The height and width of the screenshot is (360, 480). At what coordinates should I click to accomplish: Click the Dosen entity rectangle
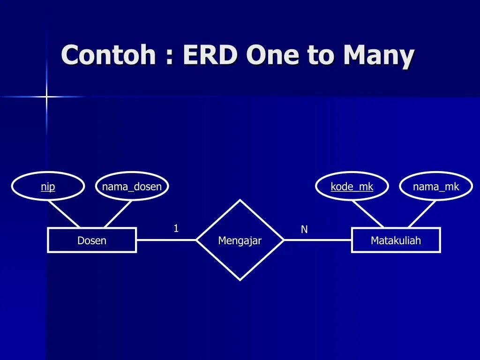pyautogui.click(x=92, y=240)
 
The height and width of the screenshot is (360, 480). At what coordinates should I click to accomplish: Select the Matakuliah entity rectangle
pyautogui.click(x=396, y=240)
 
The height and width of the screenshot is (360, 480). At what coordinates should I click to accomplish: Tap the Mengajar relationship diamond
pyautogui.click(x=240, y=240)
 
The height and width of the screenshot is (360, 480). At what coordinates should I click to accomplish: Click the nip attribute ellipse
pyautogui.click(x=48, y=187)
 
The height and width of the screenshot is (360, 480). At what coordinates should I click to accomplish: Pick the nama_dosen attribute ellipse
pyautogui.click(x=132, y=187)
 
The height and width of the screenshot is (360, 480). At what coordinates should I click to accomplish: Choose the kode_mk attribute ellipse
pyautogui.click(x=352, y=187)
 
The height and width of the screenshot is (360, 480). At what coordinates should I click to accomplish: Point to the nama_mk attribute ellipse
pyautogui.click(x=436, y=187)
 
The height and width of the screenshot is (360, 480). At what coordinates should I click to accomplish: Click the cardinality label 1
pyautogui.click(x=176, y=228)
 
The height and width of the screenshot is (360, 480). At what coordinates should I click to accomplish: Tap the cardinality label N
pyautogui.click(x=304, y=229)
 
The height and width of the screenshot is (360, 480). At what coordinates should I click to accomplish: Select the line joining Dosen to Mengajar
pyautogui.click(x=166, y=240)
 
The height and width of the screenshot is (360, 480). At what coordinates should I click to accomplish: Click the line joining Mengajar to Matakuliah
pyautogui.click(x=317, y=240)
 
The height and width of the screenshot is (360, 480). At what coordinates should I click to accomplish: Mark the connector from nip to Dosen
pyautogui.click(x=64, y=214)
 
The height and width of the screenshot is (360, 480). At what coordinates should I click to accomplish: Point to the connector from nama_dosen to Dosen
pyautogui.click(x=118, y=214)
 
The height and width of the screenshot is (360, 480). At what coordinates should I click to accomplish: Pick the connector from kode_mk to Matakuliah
pyautogui.click(x=368, y=214)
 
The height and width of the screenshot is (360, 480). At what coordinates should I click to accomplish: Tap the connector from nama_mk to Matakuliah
pyautogui.click(x=422, y=214)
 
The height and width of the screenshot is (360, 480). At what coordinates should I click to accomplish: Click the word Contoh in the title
pyautogui.click(x=108, y=55)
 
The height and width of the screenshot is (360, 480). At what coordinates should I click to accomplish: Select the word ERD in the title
pyautogui.click(x=211, y=55)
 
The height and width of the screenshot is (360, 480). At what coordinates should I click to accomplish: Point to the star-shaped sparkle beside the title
pyautogui.click(x=46, y=97)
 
